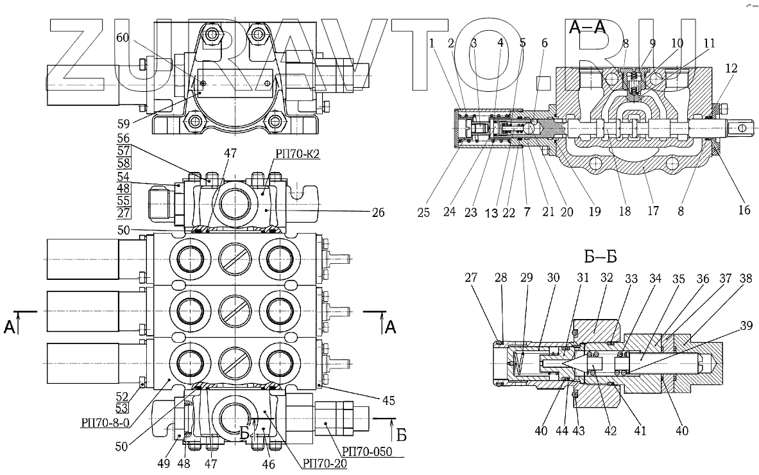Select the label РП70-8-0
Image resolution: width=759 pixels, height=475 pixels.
[105, 422]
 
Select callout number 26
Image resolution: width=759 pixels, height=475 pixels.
[377, 212]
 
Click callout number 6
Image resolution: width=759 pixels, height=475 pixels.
[544, 43]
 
